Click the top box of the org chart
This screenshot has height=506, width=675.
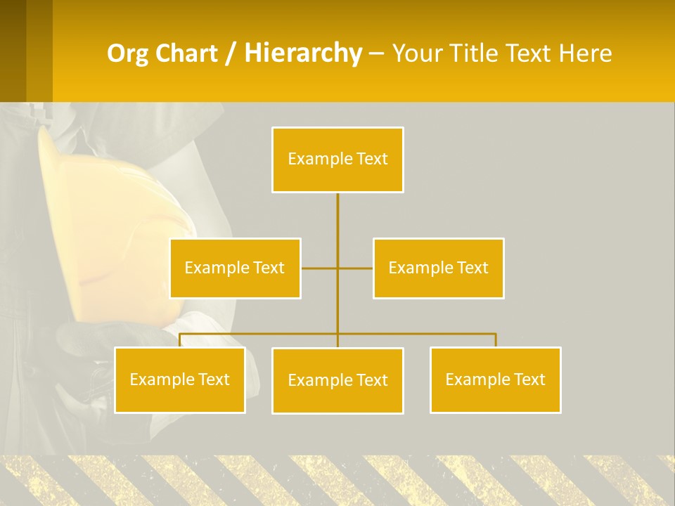point(337,160)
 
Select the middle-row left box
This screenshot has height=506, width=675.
point(235,268)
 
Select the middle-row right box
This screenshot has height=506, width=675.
point(438,268)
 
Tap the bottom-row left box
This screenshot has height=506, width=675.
point(179,379)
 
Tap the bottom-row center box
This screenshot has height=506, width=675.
point(337,380)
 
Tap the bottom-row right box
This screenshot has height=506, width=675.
point(495,379)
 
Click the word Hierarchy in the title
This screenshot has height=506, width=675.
point(302,53)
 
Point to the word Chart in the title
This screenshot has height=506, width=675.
point(188,53)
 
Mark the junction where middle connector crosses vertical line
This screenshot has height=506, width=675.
point(337,268)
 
